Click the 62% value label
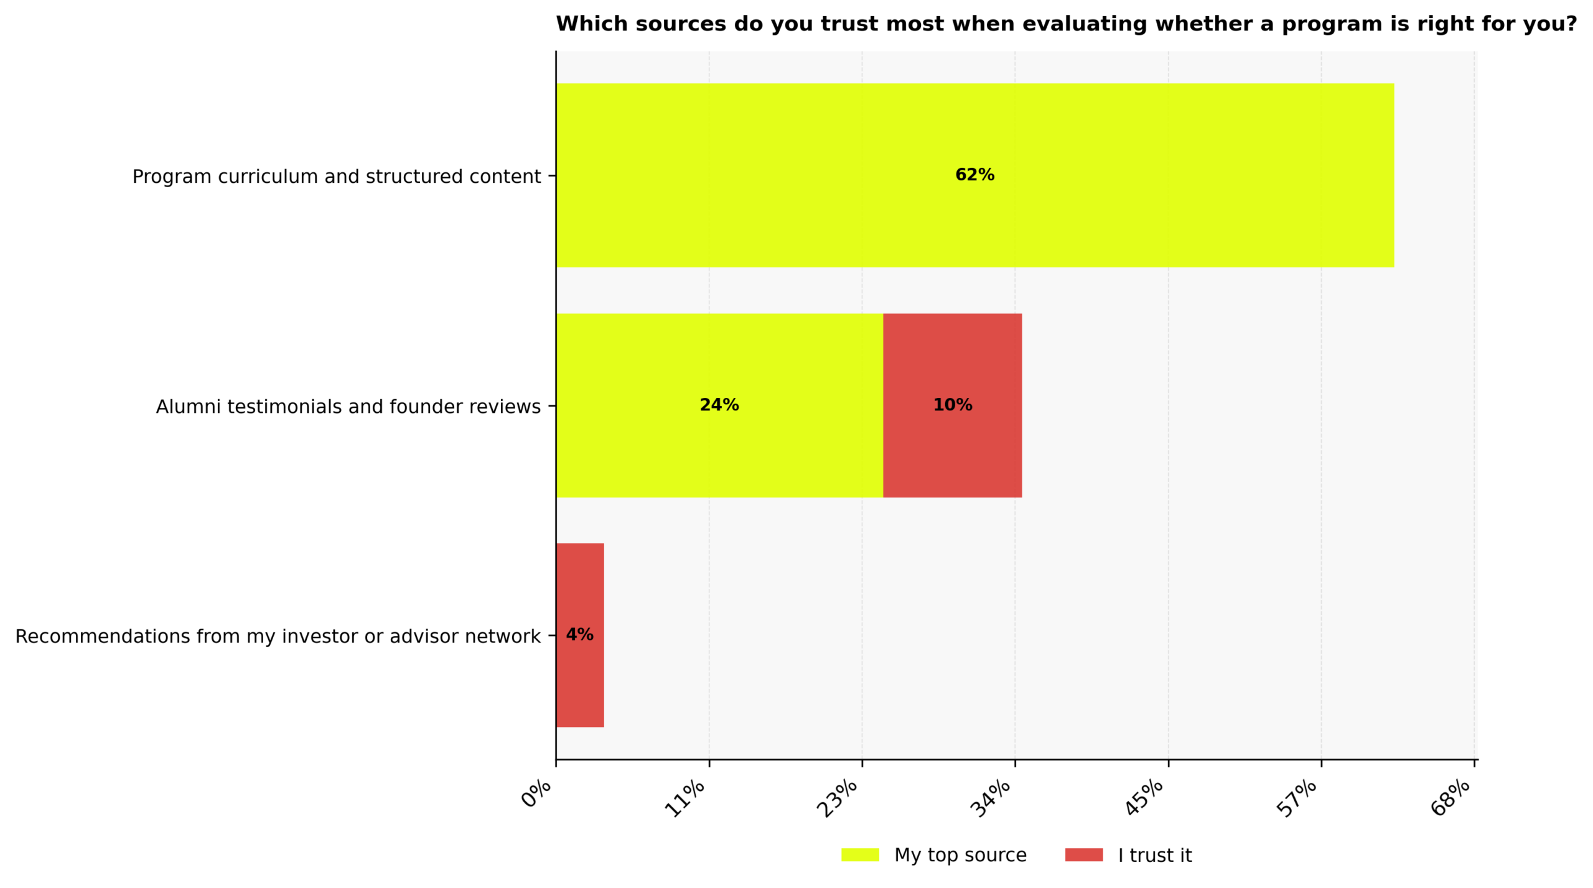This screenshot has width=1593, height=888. (974, 175)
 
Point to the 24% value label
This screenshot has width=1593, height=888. (719, 405)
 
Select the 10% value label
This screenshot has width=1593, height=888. (952, 405)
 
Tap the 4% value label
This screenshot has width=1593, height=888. (579, 634)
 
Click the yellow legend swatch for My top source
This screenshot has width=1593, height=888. (860, 855)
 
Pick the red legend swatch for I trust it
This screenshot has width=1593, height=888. (1083, 855)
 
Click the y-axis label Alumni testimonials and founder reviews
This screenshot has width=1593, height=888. (348, 407)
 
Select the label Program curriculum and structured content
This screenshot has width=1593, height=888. (336, 177)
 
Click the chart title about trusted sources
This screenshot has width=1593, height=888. (1066, 24)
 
